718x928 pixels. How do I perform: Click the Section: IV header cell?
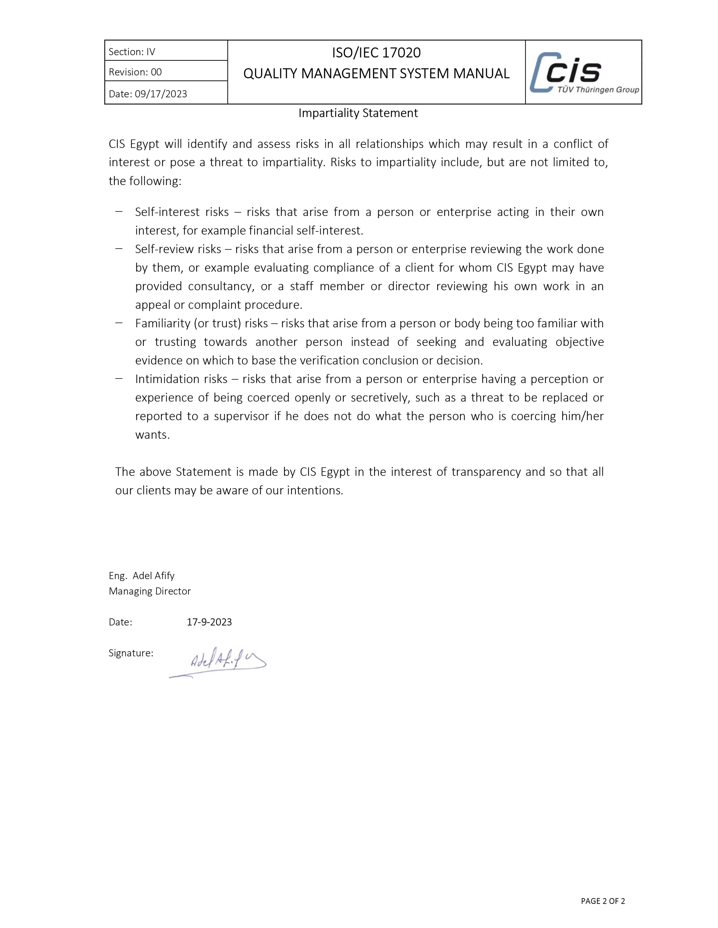click(x=132, y=52)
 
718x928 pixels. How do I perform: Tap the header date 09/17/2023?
click(x=161, y=94)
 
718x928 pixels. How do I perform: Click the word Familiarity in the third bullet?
click(x=162, y=323)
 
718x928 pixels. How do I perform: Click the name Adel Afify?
click(x=153, y=576)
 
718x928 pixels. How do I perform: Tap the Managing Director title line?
click(x=150, y=591)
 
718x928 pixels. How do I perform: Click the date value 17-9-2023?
click(x=209, y=622)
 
